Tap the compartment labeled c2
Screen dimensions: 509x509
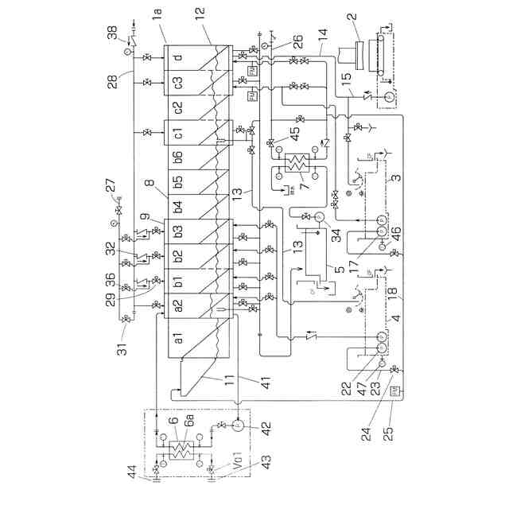click(180, 106)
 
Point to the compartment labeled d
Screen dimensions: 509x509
click(179, 58)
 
